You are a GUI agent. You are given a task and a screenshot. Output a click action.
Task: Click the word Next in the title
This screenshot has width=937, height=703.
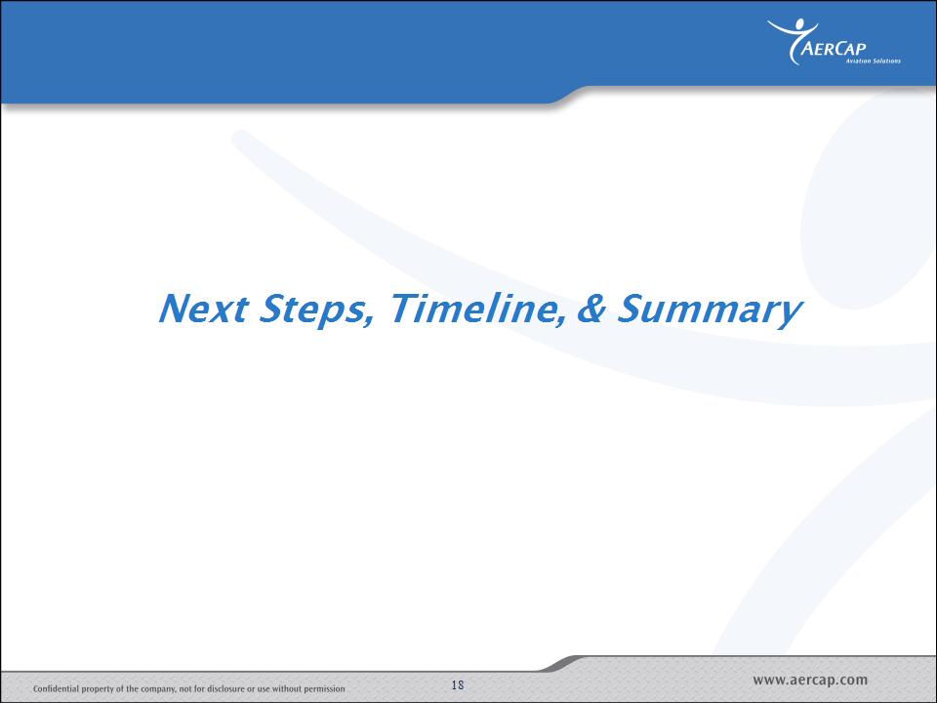(x=203, y=309)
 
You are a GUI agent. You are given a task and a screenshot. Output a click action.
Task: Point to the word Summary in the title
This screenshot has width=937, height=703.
(x=710, y=310)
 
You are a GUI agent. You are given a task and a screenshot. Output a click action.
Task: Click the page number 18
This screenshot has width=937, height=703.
(x=458, y=685)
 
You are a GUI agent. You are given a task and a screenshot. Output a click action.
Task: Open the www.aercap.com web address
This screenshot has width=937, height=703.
(x=810, y=680)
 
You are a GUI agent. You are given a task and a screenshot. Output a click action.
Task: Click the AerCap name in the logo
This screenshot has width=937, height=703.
(x=833, y=48)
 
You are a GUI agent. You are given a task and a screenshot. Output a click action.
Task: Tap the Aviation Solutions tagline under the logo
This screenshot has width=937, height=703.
(x=873, y=61)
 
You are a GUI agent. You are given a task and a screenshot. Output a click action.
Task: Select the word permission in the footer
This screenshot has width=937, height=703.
(x=324, y=689)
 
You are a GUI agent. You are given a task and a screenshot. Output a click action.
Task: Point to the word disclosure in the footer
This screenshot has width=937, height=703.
(x=225, y=688)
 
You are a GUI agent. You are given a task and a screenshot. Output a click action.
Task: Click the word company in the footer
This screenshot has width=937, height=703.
(x=158, y=689)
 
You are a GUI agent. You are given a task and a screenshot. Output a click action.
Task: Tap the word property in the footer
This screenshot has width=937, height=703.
(x=98, y=689)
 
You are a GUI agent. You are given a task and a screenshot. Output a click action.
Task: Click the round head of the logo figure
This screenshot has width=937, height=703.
(x=798, y=24)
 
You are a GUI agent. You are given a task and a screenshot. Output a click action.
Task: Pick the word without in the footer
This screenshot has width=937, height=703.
(x=287, y=688)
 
